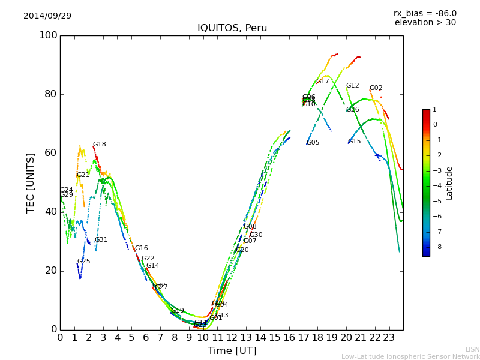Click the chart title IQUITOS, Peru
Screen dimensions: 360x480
232,28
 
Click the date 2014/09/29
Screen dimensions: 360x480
47,16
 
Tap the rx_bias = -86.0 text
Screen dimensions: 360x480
425,13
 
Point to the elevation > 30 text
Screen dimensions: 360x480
425,23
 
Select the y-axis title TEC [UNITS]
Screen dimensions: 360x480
31,182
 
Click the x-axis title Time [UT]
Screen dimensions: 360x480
232,351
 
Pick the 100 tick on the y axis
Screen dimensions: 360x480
48,35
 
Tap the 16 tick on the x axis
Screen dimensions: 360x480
289,338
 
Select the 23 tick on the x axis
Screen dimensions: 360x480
389,338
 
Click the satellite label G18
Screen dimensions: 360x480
99,145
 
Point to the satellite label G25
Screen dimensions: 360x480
83,262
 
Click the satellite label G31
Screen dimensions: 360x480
101,240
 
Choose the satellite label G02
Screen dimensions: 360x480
376,88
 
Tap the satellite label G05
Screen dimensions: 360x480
313,143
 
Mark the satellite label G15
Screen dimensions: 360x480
354,142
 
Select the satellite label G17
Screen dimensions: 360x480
322,82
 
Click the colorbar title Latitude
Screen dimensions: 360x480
449,183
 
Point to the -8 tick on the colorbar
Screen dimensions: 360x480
435,247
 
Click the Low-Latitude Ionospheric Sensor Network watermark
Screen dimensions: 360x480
410,356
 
